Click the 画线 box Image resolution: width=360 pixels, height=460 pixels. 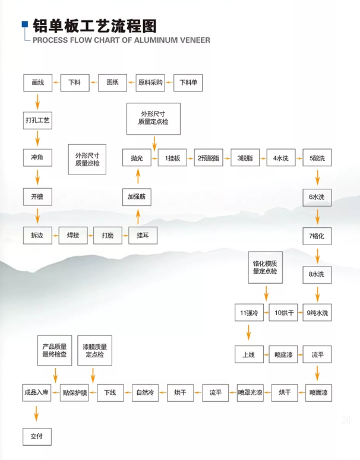point(38,83)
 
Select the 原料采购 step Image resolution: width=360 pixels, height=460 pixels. point(150,83)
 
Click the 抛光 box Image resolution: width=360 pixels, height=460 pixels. point(137,158)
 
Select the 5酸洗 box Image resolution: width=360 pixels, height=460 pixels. point(318,158)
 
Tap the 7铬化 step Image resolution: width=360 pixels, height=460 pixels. point(318,236)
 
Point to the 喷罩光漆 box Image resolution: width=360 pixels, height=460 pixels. point(250,392)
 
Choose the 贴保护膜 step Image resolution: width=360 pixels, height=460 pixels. point(75,392)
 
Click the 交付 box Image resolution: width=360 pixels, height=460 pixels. point(38,436)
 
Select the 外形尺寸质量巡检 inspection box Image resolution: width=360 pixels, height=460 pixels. point(87,158)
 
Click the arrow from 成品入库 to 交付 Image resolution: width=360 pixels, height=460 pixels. point(38,414)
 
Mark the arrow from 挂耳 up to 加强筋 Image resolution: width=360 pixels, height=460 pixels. point(138,215)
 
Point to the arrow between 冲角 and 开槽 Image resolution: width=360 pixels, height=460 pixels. point(38,176)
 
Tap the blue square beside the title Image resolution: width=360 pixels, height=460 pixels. point(25,25)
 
